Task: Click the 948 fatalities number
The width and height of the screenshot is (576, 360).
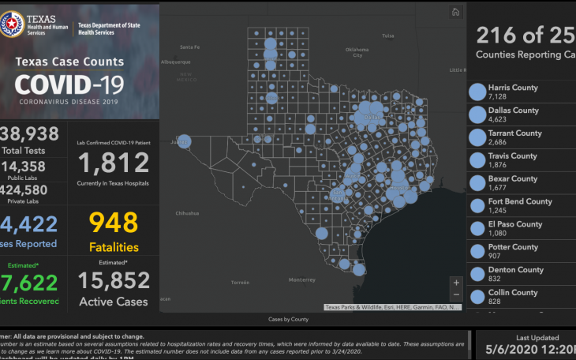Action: [x=114, y=223]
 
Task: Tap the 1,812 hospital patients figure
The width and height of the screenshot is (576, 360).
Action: [x=114, y=163]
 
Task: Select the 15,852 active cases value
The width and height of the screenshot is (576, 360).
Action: [x=114, y=280]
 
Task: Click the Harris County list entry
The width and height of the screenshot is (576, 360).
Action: [x=513, y=88]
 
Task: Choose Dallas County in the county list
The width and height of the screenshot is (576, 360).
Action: [x=513, y=111]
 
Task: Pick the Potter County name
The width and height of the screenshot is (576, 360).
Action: [x=513, y=247]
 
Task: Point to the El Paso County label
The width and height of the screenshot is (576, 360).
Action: [x=515, y=224]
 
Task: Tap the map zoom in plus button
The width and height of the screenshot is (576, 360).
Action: [x=455, y=282]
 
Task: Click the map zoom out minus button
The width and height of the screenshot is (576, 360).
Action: [x=455, y=294]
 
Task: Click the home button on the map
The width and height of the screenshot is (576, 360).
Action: [x=455, y=12]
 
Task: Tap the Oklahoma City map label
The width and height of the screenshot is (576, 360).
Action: [x=357, y=52]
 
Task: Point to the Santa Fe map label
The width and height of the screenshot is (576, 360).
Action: [x=189, y=47]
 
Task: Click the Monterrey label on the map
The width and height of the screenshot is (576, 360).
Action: [x=301, y=279]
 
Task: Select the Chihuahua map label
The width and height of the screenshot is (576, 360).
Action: [x=187, y=213]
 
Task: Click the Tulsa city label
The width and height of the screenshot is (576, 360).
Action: [x=387, y=36]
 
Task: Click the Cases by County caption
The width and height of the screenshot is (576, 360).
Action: [x=288, y=319]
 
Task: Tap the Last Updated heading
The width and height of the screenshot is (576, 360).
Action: [x=537, y=338]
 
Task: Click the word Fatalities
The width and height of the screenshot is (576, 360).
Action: [x=114, y=247]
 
